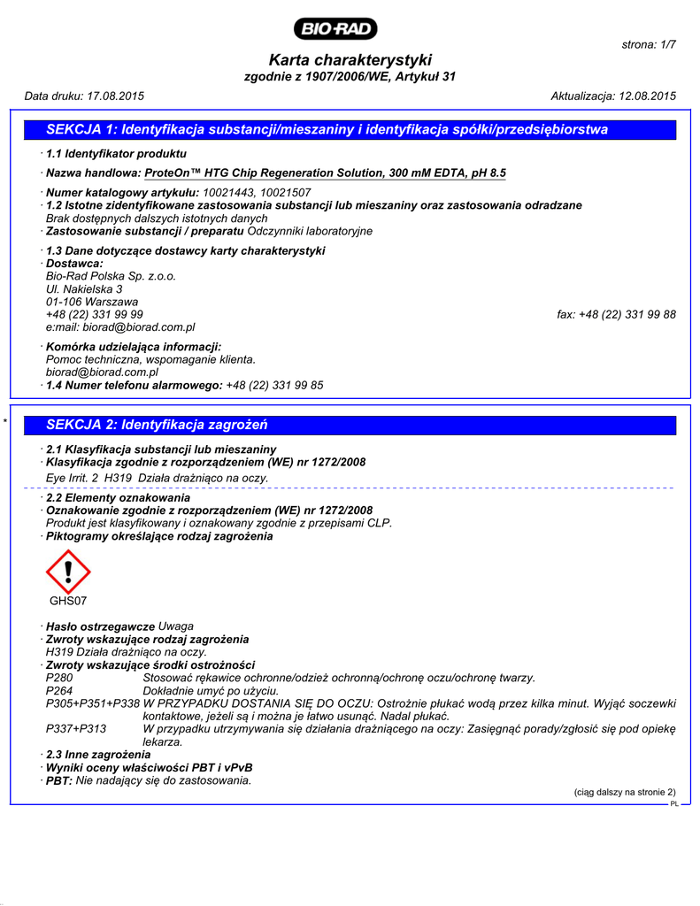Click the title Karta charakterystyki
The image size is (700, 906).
(350, 60)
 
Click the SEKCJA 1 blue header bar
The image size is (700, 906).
(349, 130)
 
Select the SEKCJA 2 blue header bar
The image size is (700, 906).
(349, 425)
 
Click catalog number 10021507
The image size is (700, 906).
(286, 193)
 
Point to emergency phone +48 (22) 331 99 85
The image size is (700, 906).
(274, 386)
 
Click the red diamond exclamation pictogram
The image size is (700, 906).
(68, 572)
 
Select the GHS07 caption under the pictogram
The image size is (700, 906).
(68, 603)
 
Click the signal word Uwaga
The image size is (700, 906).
(175, 626)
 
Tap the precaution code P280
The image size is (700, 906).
(60, 678)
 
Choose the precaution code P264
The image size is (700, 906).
(60, 690)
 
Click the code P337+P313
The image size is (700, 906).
(76, 728)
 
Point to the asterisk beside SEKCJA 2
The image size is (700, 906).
(6, 426)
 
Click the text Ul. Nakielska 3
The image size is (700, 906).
(84, 289)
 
